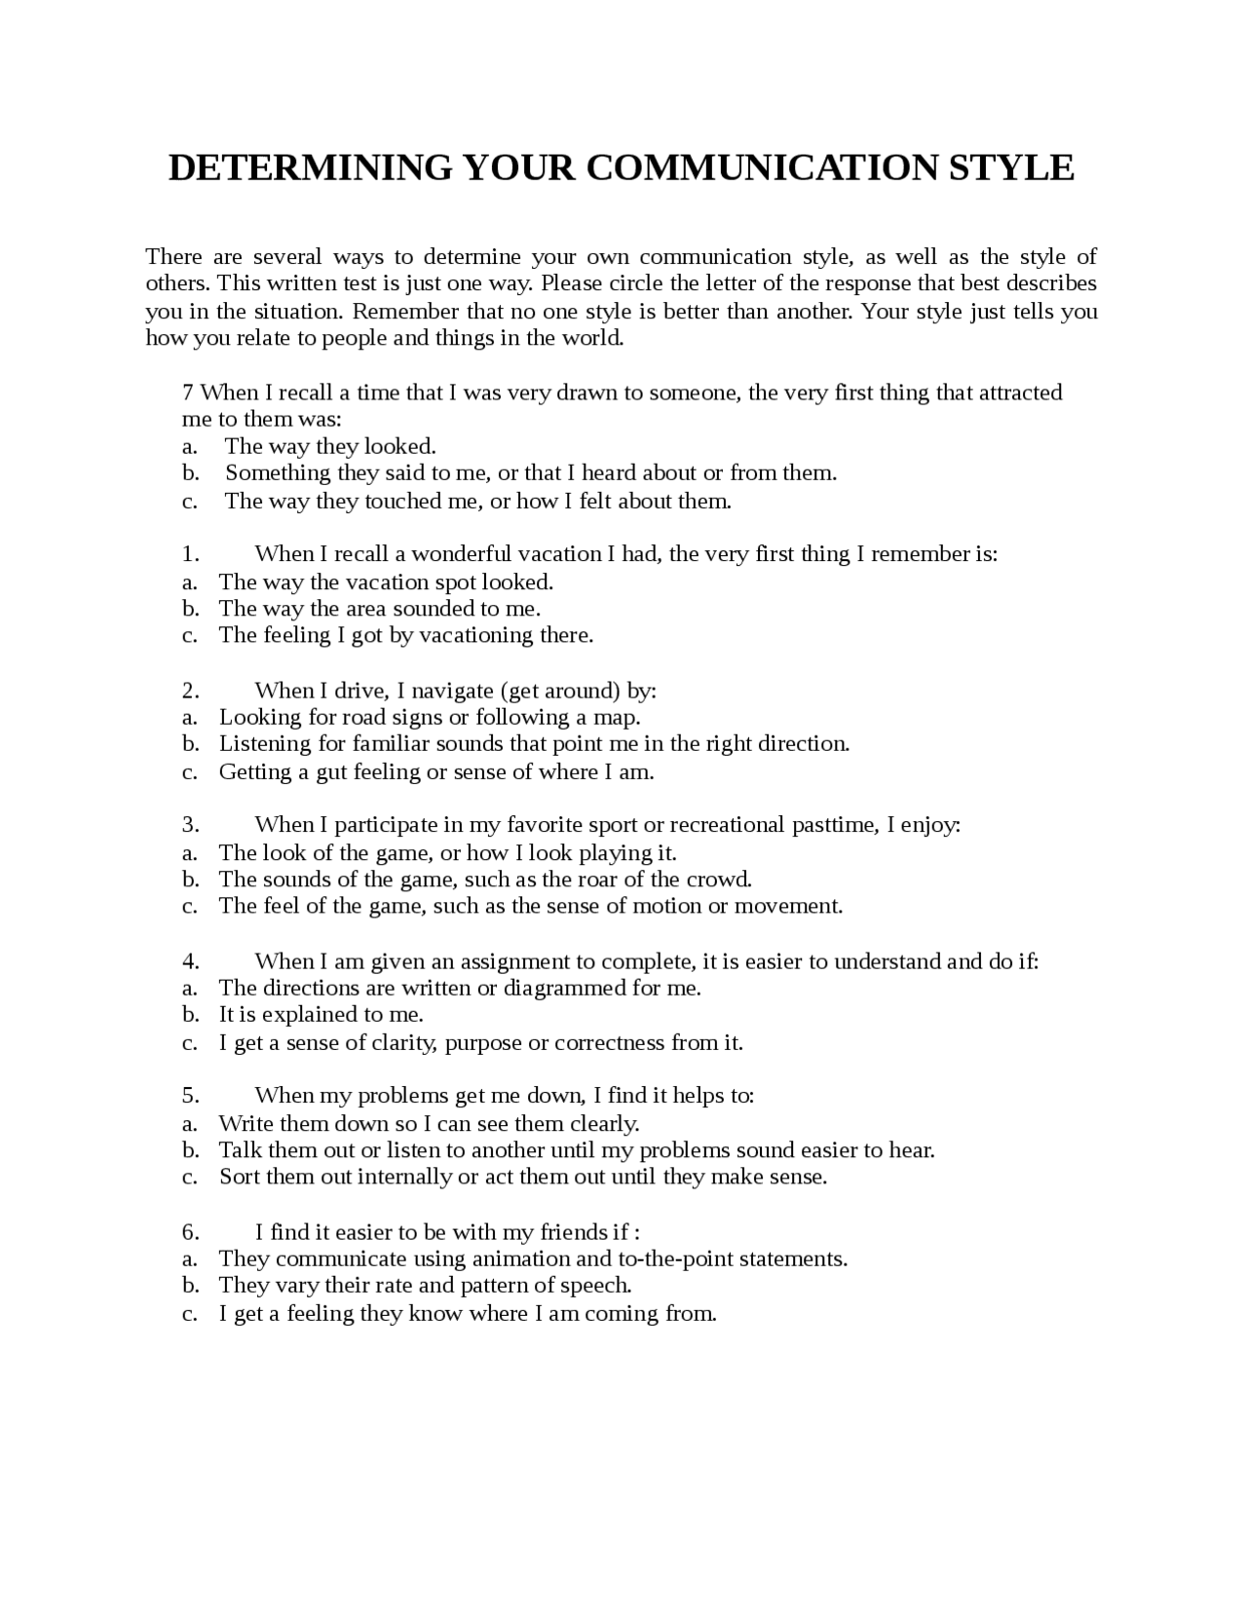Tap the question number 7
[x=188, y=393]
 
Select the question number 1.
[x=190, y=554]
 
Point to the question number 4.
[x=190, y=961]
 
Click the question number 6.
[x=190, y=1231]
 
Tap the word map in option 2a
[x=618, y=717]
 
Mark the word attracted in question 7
[x=1020, y=393]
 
